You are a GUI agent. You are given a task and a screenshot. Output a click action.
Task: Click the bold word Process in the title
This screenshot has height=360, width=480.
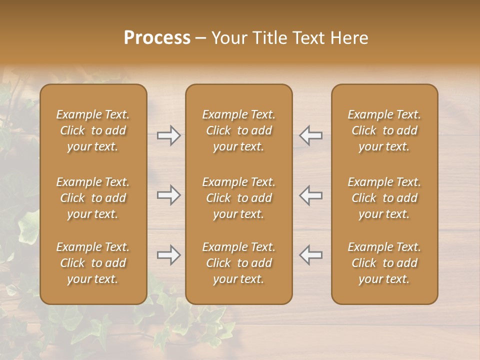tap(157, 38)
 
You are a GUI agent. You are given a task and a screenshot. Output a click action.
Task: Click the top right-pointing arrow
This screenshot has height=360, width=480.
tap(169, 135)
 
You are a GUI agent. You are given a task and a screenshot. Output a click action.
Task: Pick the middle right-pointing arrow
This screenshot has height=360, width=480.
tap(169, 195)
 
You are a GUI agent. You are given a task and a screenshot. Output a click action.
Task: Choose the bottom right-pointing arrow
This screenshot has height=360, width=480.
tap(169, 255)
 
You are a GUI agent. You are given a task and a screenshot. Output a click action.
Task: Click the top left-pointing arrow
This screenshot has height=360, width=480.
tap(311, 135)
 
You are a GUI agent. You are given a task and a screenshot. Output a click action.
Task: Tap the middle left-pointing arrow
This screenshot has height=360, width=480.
tap(311, 195)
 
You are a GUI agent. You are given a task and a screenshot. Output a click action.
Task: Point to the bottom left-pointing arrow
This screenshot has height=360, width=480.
tap(311, 255)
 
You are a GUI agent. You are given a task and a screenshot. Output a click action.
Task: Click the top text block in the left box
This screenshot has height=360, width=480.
tap(93, 130)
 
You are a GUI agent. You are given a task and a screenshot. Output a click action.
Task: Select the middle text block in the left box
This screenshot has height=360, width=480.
tap(93, 198)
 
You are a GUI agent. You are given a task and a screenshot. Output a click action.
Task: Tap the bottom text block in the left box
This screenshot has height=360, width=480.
tap(93, 263)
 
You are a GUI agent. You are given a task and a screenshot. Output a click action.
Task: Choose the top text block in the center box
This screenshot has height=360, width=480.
tap(239, 130)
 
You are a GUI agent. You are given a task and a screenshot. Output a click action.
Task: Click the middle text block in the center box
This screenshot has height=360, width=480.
tap(239, 198)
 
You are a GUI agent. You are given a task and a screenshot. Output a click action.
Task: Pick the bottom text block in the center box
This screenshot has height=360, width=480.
tap(239, 263)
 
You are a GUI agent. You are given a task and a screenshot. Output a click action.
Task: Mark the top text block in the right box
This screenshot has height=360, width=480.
tap(384, 130)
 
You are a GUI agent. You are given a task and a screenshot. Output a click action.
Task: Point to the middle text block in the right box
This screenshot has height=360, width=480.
tap(384, 198)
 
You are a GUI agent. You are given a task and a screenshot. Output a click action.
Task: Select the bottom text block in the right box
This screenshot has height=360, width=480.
tap(384, 263)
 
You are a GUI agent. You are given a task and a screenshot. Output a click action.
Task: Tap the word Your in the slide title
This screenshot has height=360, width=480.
tap(228, 38)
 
